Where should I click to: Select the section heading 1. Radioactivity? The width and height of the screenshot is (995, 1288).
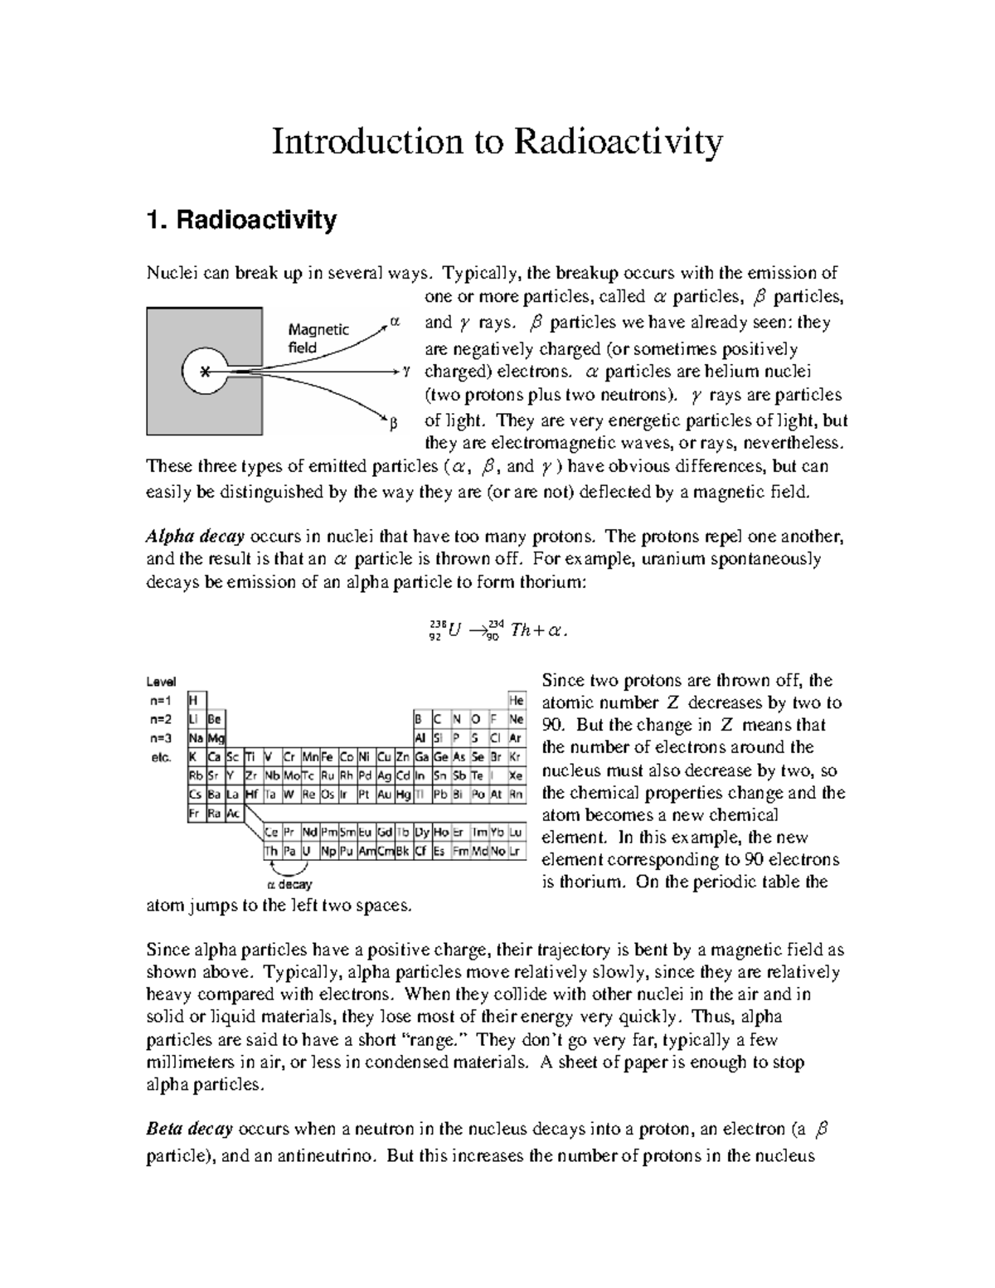pyautogui.click(x=241, y=220)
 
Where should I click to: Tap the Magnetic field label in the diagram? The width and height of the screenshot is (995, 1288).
pyautogui.click(x=318, y=338)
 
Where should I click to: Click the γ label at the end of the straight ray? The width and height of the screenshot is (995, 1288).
pyautogui.click(x=406, y=371)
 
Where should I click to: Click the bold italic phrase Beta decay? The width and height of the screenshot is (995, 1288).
pyautogui.click(x=190, y=1129)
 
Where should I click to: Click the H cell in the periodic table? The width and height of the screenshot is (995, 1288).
pyautogui.click(x=194, y=701)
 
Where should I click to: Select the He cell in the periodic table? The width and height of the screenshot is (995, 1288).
pyautogui.click(x=516, y=701)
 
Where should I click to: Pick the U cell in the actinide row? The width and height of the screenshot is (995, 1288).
pyautogui.click(x=308, y=852)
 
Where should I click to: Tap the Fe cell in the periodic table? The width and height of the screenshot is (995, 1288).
pyautogui.click(x=328, y=756)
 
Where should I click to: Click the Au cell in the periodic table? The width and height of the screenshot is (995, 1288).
pyautogui.click(x=385, y=795)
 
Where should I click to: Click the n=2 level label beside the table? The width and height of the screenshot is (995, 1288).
pyautogui.click(x=160, y=719)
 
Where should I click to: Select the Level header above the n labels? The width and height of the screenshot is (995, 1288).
pyautogui.click(x=161, y=682)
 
